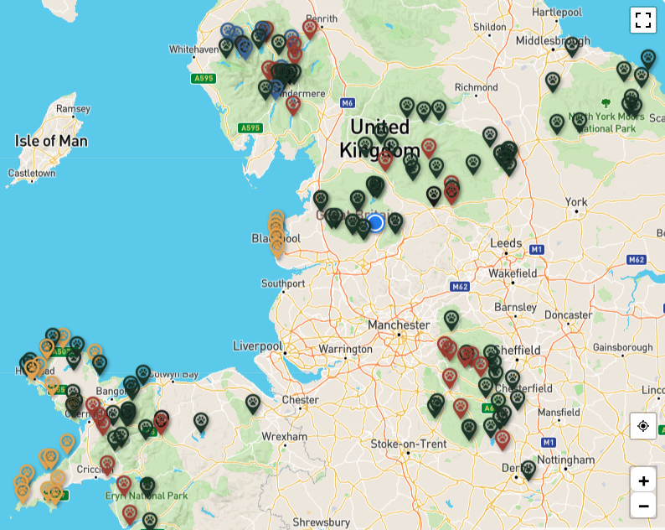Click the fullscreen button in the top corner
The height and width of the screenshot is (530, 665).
(x=642, y=20)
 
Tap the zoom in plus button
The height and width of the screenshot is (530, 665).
(x=642, y=481)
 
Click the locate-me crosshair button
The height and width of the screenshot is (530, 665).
(x=642, y=426)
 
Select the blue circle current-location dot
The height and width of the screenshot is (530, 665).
(x=376, y=222)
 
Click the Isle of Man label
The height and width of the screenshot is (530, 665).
(x=51, y=141)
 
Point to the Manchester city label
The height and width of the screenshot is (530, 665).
(x=399, y=325)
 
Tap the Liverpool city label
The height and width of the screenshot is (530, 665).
(x=257, y=346)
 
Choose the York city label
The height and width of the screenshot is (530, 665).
(x=576, y=202)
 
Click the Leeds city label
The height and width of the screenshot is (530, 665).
(x=506, y=243)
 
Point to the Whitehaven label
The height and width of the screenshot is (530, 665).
(x=193, y=49)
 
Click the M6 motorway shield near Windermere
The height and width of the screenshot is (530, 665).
(x=348, y=103)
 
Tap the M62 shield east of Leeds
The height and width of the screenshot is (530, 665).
(x=637, y=260)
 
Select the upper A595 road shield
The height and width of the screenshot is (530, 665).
(x=203, y=78)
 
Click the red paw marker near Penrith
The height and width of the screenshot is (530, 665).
(x=310, y=28)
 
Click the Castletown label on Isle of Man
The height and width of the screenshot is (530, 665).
(x=31, y=174)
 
